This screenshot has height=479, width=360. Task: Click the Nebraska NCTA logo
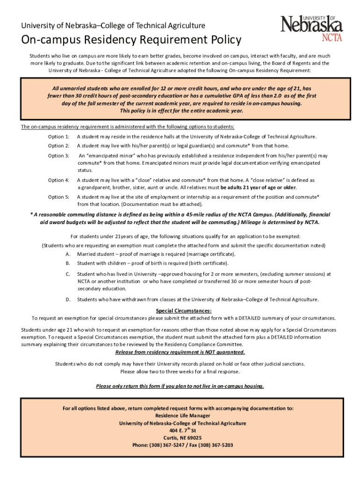pyautogui.click(x=311, y=28)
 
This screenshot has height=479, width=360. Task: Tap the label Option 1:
pyautogui.click(x=58, y=137)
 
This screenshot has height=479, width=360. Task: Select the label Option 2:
pyautogui.click(x=58, y=145)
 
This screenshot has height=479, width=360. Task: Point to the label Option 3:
pyautogui.click(x=58, y=155)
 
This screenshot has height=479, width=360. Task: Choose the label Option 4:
pyautogui.click(x=58, y=180)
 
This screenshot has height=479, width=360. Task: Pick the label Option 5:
pyautogui.click(x=58, y=197)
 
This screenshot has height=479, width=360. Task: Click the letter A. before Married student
pyautogui.click(x=68, y=254)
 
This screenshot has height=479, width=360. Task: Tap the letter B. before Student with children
pyautogui.click(x=68, y=263)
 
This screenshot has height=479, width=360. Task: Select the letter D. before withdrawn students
pyautogui.click(x=68, y=299)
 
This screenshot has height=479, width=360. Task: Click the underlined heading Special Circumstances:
pyautogui.click(x=183, y=311)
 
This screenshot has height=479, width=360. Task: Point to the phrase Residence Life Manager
pyautogui.click(x=183, y=415)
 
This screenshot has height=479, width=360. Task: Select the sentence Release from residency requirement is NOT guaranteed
pyautogui.click(x=180, y=352)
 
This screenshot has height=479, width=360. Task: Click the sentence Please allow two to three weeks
pyautogui.click(x=180, y=371)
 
